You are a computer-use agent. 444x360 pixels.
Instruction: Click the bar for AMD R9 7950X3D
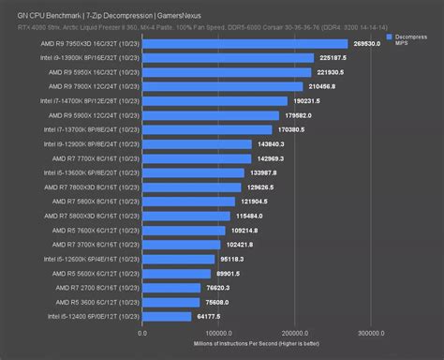tap(244, 44)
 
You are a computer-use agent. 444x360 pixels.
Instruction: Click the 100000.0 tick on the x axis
tap(218, 332)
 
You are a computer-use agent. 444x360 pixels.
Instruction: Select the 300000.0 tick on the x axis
tap(372, 332)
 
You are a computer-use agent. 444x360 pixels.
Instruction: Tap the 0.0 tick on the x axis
tap(142, 332)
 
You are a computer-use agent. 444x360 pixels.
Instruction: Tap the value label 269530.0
tap(372, 44)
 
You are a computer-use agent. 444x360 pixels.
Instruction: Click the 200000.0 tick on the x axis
tap(295, 332)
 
